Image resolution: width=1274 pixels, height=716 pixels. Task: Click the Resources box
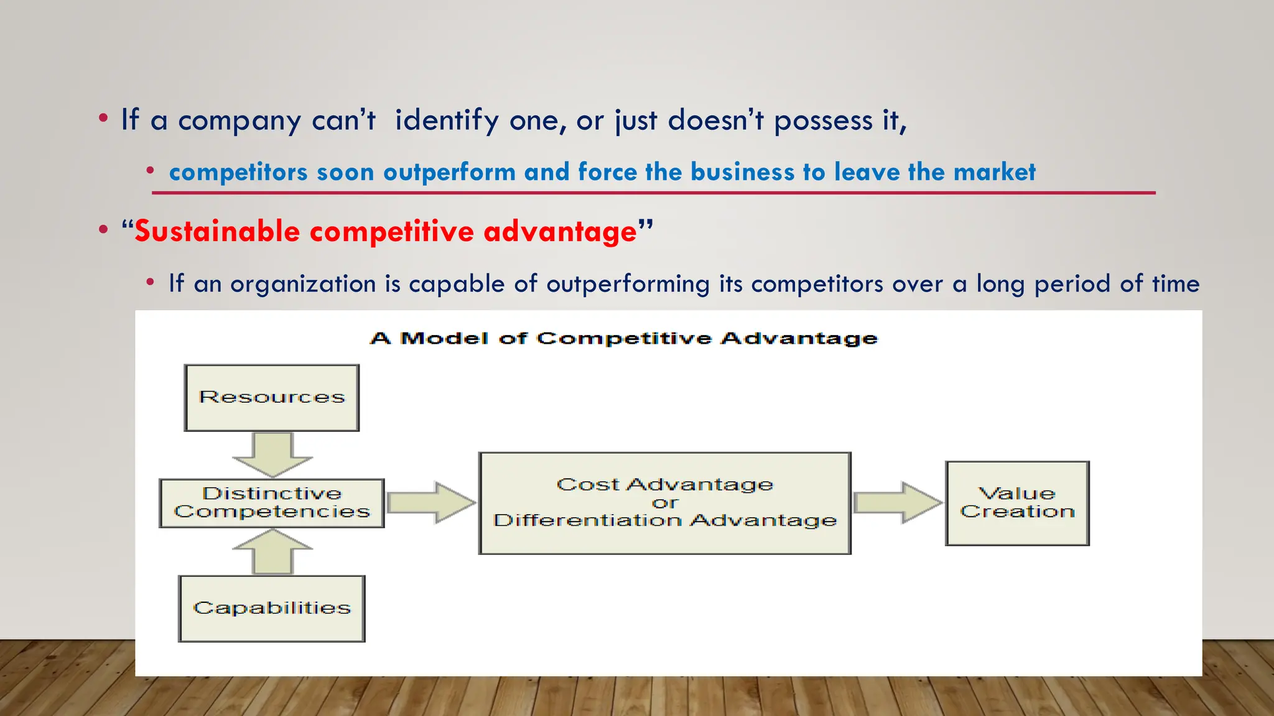click(272, 398)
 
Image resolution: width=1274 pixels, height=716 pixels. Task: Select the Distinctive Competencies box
click(272, 503)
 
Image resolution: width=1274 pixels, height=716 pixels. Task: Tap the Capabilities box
click(272, 608)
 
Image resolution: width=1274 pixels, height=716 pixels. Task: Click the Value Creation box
click(1017, 503)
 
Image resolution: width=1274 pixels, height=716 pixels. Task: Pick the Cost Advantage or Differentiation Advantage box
click(664, 503)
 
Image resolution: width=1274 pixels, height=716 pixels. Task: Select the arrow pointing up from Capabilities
click(272, 551)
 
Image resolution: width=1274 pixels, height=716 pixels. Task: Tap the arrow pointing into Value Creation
click(898, 503)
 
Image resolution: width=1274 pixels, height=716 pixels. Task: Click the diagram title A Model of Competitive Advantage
click(623, 339)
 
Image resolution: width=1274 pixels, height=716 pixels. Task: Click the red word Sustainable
click(217, 232)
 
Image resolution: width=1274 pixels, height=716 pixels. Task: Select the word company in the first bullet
click(239, 121)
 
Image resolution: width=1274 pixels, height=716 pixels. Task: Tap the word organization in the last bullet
click(305, 284)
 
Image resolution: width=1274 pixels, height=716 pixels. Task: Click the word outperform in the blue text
click(449, 172)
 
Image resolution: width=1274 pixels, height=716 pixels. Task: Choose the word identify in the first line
click(447, 121)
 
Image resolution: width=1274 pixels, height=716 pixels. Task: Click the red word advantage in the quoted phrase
click(560, 232)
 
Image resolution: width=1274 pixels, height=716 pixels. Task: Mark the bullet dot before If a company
click(103, 118)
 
